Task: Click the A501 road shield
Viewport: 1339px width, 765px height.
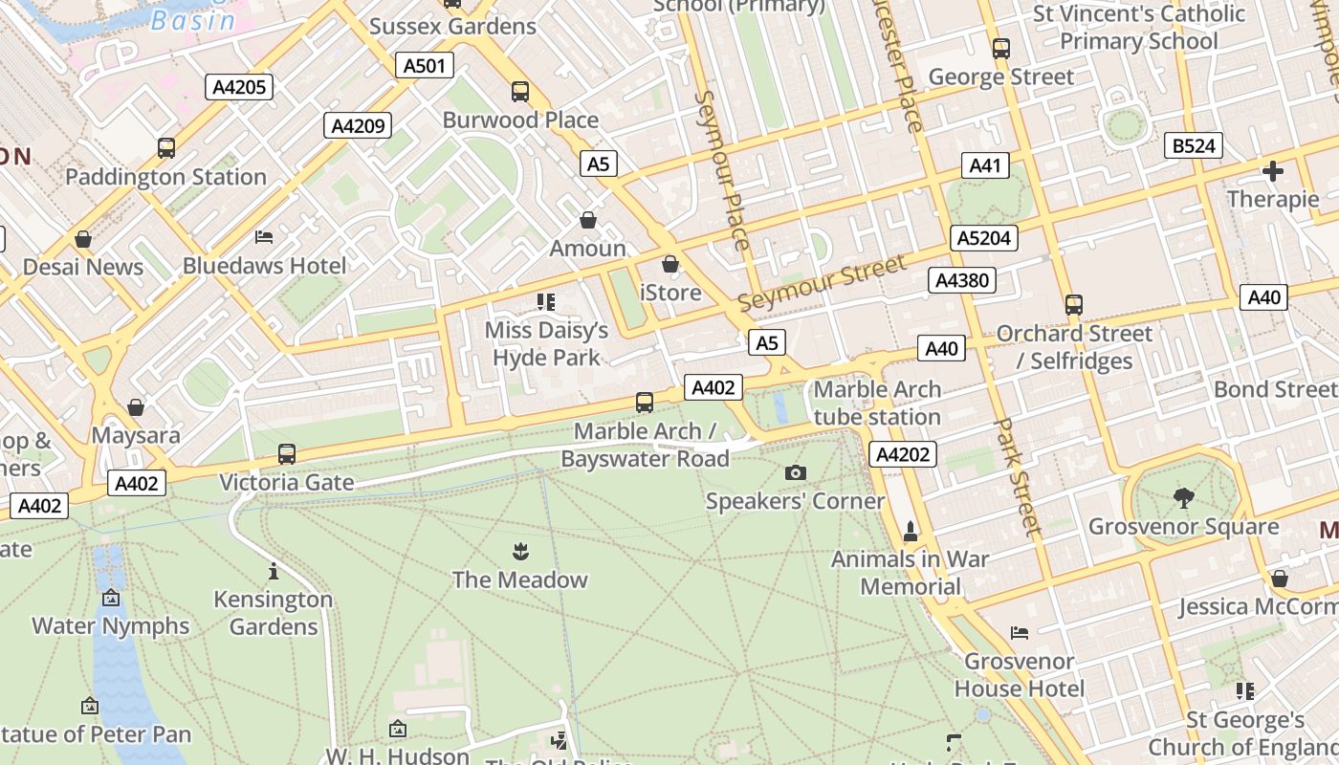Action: [x=424, y=65]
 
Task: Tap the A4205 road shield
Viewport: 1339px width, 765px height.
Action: [x=238, y=87]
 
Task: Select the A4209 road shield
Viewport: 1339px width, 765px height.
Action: [x=357, y=125]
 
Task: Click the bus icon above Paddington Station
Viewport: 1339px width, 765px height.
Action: [x=166, y=148]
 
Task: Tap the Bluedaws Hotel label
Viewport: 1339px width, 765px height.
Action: [x=265, y=265]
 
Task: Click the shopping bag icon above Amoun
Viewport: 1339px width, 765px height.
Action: [x=588, y=221]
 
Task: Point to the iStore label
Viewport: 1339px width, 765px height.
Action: [x=669, y=292]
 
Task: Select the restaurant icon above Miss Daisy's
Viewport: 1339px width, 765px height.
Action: [x=546, y=303]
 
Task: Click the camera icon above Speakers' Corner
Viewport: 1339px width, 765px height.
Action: [x=795, y=472]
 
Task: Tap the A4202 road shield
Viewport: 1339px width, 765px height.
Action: [x=902, y=454]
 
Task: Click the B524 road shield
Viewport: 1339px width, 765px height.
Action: [x=1194, y=145]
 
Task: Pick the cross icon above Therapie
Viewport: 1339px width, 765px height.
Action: [x=1272, y=172]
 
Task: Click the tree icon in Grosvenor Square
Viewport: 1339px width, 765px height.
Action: [x=1184, y=497]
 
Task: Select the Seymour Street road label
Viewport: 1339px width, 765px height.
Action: [x=821, y=283]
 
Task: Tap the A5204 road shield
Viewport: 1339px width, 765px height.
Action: [x=983, y=238]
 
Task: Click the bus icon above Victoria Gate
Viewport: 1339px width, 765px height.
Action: [x=287, y=454]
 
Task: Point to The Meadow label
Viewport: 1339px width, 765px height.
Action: [x=519, y=579]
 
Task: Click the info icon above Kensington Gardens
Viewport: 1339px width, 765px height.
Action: [x=274, y=571]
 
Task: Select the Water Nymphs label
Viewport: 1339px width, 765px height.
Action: [x=111, y=625]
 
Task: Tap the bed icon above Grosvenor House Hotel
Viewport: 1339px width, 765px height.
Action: [x=1020, y=633]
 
